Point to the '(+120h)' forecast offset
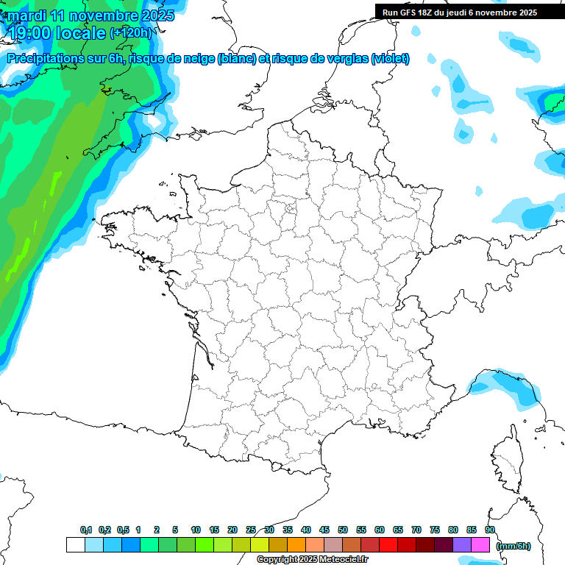(130, 32)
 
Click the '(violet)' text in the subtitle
(390, 59)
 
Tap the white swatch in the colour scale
(75, 545)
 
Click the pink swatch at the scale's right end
(480, 545)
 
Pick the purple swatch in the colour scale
(462, 545)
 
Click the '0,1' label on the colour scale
(86, 530)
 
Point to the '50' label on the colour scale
(343, 530)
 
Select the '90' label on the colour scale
(489, 530)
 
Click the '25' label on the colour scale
(251, 530)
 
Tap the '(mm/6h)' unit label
(513, 546)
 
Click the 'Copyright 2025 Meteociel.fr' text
(312, 559)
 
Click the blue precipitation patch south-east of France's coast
(508, 388)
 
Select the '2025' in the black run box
(523, 13)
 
